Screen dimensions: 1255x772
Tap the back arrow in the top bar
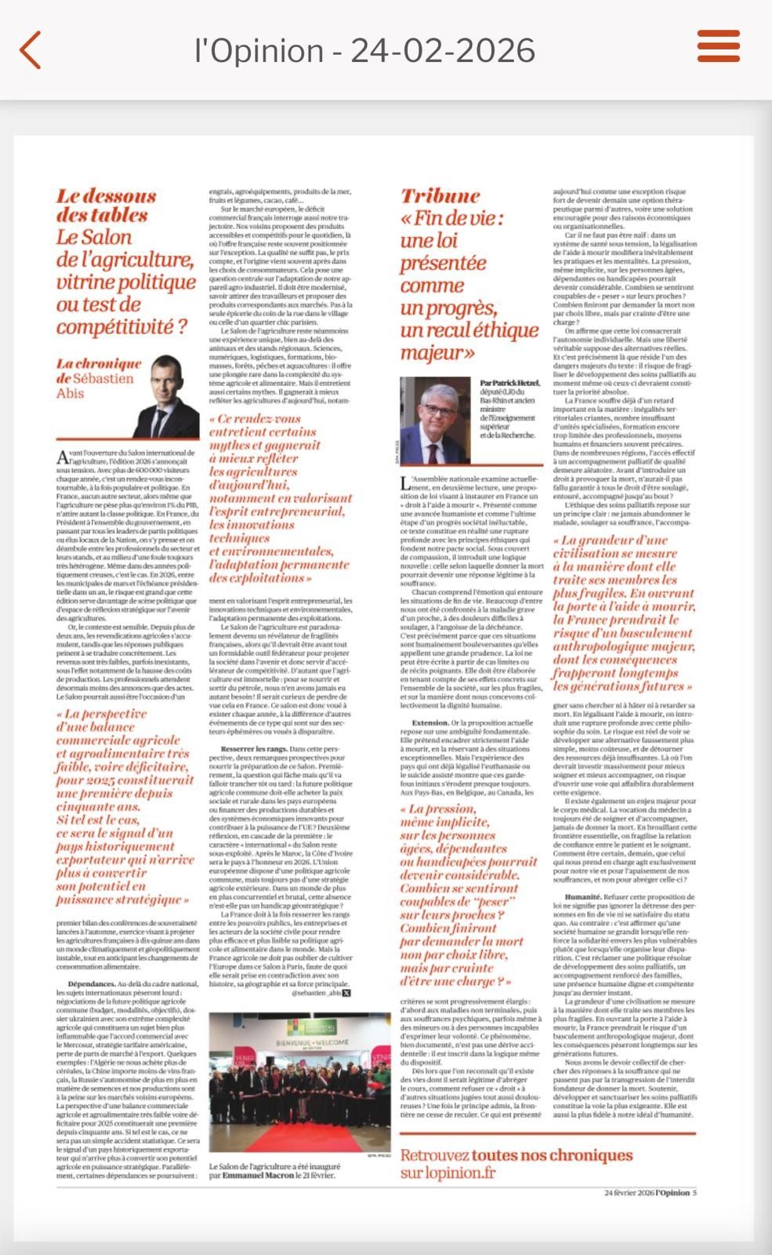(x=30, y=51)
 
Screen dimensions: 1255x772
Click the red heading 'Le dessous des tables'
(x=106, y=206)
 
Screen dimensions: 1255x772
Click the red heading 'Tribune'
(x=440, y=196)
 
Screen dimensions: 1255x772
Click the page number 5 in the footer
(x=694, y=1193)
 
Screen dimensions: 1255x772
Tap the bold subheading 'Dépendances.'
(x=92, y=984)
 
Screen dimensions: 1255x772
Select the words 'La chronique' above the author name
(x=99, y=363)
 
